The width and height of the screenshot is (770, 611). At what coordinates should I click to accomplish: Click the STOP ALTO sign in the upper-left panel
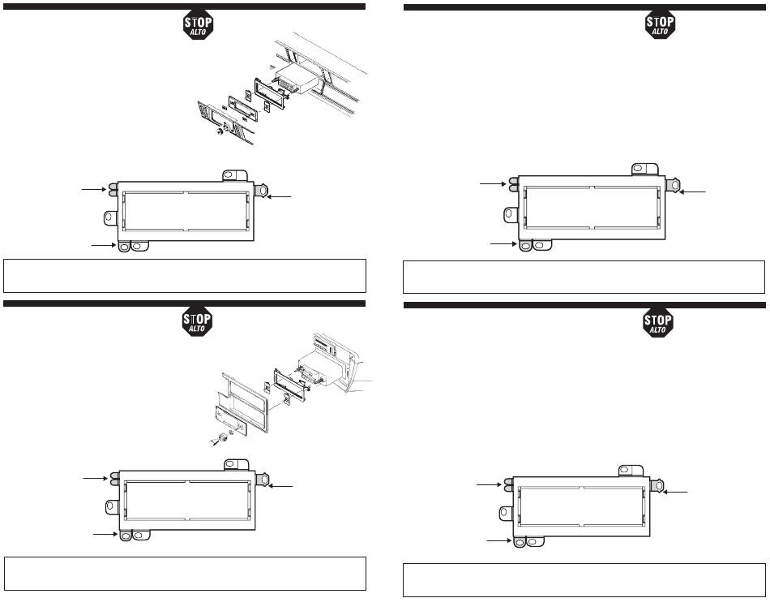coord(196,25)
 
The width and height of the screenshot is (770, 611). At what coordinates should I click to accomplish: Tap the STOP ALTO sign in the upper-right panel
coord(658,25)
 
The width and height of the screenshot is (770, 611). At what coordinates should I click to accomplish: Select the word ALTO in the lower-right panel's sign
coord(658,330)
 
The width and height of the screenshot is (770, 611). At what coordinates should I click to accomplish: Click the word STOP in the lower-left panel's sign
coord(196,319)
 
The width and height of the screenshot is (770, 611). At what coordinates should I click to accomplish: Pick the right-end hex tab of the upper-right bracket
coord(671,185)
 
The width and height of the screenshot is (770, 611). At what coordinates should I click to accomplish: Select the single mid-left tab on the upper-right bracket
coord(511,214)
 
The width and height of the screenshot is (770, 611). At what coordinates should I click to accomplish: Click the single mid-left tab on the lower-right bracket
coord(507,513)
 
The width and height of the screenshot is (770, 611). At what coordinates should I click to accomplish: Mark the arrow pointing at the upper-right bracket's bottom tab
coord(503,242)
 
